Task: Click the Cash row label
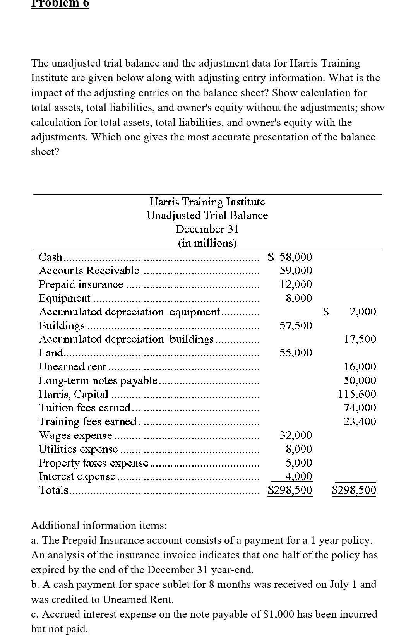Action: tap(50, 257)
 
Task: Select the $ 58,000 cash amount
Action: tap(290, 257)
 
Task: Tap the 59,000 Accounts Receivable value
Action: tap(296, 271)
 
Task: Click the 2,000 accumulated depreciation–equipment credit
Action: tap(362, 312)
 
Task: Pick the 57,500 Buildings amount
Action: tap(296, 325)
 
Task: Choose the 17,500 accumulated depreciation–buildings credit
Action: tap(360, 339)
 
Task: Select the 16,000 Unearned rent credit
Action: tap(360, 366)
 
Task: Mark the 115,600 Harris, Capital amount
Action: tap(357, 394)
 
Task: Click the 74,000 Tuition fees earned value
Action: tap(360, 408)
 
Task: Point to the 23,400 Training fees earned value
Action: tap(360, 421)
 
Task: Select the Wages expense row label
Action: tap(76, 435)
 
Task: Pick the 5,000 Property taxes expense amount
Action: tap(298, 462)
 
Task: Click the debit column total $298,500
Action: tap(290, 490)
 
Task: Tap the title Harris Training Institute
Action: tap(207, 202)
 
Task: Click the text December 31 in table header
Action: tap(207, 229)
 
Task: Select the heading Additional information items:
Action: tap(99, 526)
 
